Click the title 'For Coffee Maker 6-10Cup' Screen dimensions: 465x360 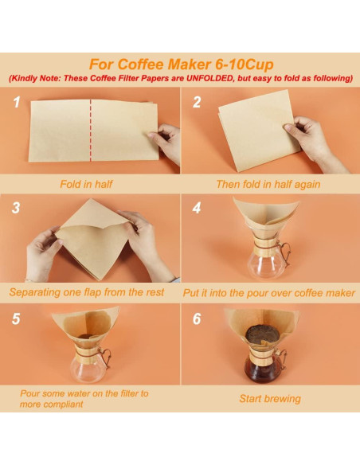(x=179, y=64)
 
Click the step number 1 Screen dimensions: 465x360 (x=15, y=103)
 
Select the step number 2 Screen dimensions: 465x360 (x=197, y=103)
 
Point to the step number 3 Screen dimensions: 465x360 (x=15, y=209)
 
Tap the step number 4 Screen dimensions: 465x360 (x=197, y=209)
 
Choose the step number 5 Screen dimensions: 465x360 (x=15, y=317)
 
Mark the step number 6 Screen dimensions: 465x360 (x=197, y=317)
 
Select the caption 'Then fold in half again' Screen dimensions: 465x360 (x=268, y=183)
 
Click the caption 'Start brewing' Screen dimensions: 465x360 (x=270, y=398)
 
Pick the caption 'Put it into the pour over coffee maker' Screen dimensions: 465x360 (x=269, y=292)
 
